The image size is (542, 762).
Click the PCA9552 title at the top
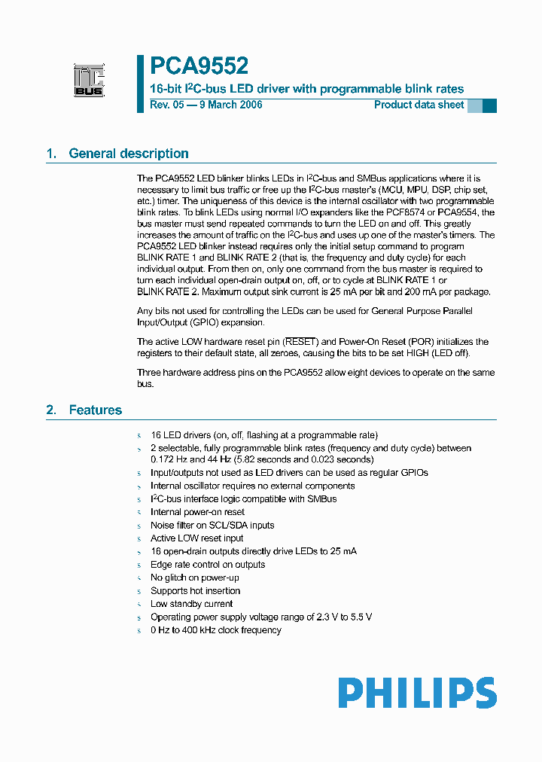point(199,67)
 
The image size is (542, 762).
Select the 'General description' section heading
point(128,154)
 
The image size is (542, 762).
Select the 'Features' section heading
point(95,410)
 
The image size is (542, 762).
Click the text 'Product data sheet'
point(419,105)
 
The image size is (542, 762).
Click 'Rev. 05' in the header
point(166,105)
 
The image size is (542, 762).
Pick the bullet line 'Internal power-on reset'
point(197,512)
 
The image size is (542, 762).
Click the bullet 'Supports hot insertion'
point(195,591)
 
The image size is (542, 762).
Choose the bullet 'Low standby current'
point(191,604)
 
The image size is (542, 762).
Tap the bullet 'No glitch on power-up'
point(195,578)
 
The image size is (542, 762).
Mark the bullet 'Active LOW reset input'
point(196,538)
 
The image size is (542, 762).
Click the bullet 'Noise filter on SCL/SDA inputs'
point(212,526)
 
